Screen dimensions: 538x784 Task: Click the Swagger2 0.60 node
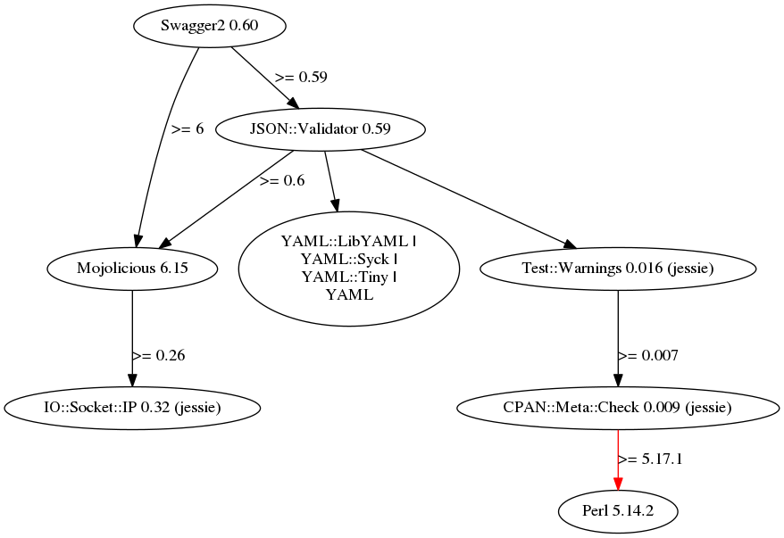coord(210,26)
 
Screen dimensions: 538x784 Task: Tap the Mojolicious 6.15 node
coord(133,268)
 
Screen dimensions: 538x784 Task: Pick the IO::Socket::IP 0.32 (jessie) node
coord(133,408)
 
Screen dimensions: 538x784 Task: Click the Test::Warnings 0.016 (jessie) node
coord(618,268)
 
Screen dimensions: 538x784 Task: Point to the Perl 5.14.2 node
coord(618,511)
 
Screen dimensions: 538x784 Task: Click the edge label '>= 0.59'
coord(301,77)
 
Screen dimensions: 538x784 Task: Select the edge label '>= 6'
coord(188,128)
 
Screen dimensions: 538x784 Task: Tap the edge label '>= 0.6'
coord(282,180)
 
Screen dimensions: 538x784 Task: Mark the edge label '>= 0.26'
coord(159,355)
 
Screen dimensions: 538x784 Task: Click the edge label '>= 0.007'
coord(648,355)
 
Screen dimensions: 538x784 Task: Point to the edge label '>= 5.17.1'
coord(651,459)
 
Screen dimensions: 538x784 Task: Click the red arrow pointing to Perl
coord(618,464)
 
